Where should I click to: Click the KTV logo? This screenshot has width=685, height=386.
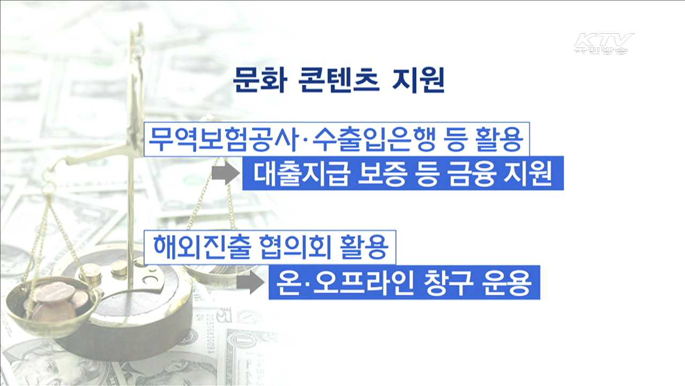pyautogui.click(x=604, y=43)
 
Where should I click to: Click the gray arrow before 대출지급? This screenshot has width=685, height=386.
pyautogui.click(x=225, y=173)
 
